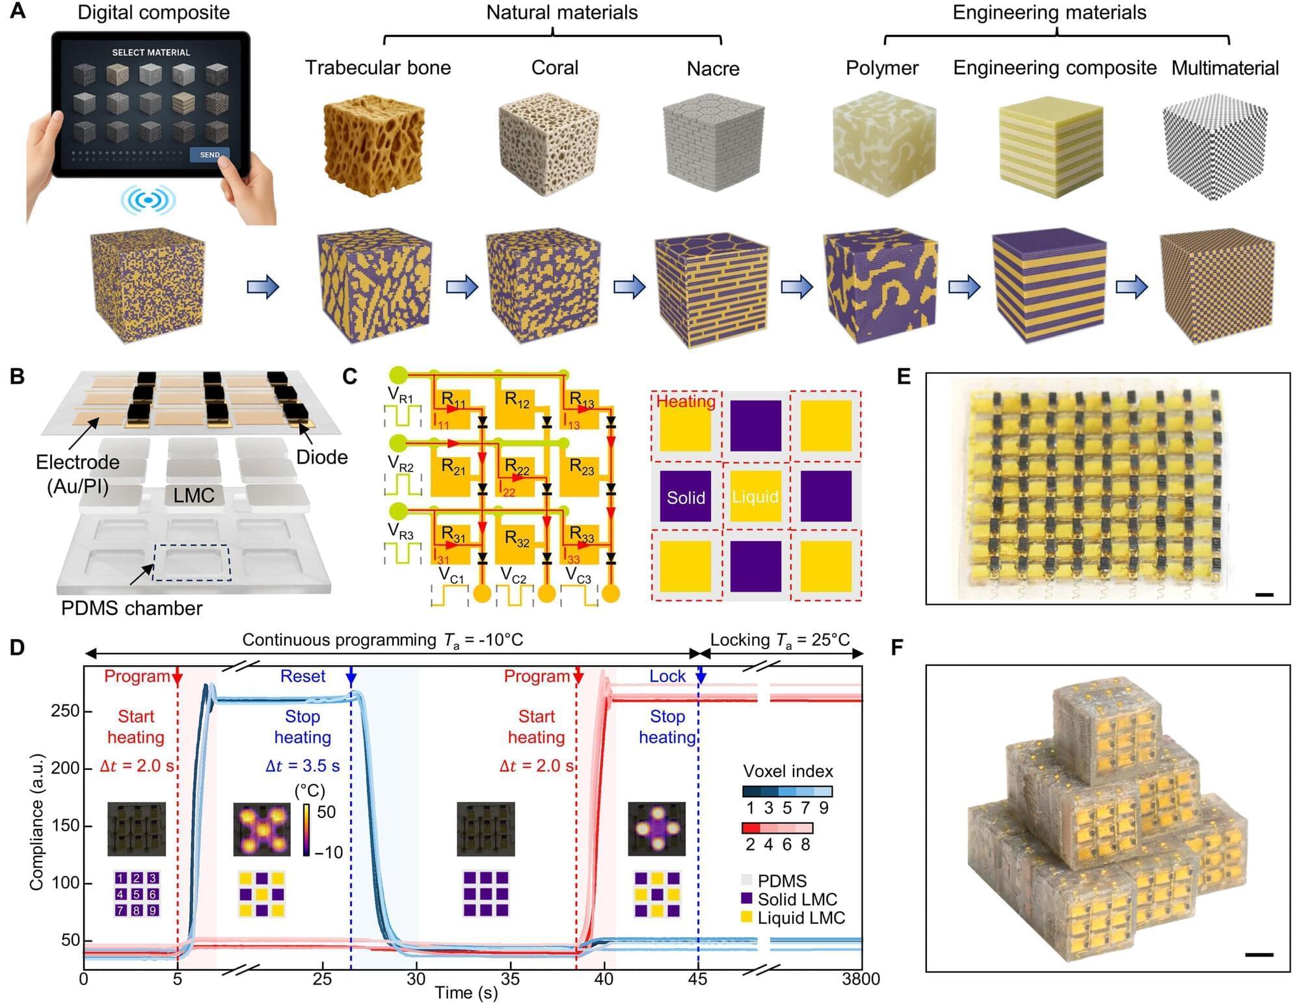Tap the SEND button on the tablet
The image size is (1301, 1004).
tap(209, 155)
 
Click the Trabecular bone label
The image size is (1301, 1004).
tap(378, 68)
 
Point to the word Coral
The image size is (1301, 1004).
tap(554, 68)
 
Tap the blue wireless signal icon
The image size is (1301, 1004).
tap(148, 200)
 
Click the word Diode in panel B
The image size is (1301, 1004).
tap(321, 457)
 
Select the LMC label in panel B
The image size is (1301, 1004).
tap(194, 495)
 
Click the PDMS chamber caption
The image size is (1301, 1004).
tap(131, 608)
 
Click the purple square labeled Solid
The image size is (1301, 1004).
tap(686, 497)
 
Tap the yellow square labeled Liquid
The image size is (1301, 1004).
tap(755, 497)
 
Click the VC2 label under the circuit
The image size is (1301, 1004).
tap(513, 575)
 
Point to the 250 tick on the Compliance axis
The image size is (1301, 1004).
tap(64, 711)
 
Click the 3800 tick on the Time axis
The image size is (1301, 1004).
tap(861, 979)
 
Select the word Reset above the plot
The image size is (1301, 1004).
tap(302, 676)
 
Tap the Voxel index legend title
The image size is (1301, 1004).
tap(788, 771)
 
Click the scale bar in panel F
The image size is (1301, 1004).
tap(1259, 955)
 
